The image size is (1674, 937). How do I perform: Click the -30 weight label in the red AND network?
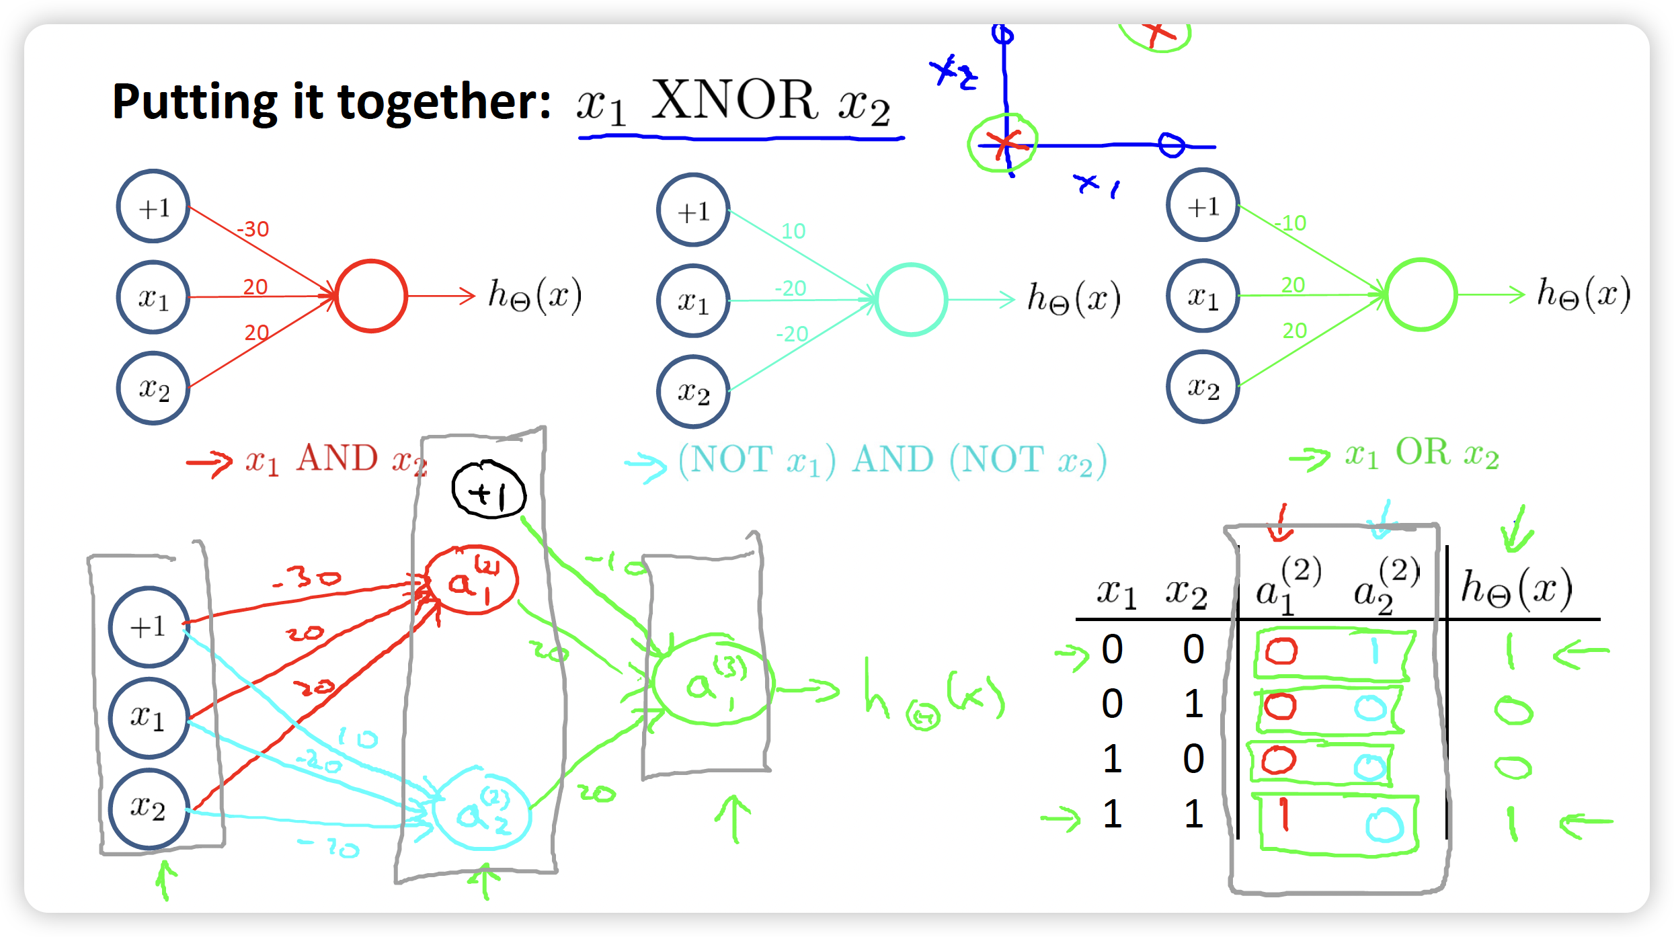[x=253, y=229]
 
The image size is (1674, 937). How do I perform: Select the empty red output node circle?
[x=371, y=296]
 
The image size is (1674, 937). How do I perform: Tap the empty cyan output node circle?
[x=911, y=299]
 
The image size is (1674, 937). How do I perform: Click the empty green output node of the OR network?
[x=1421, y=294]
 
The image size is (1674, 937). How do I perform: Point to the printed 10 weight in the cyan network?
[x=793, y=231]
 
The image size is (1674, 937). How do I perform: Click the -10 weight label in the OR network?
[x=1291, y=223]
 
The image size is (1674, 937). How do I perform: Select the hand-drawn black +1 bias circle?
[x=489, y=490]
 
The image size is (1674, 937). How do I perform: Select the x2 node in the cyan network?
[x=693, y=392]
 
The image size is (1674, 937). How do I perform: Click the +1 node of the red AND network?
[x=153, y=206]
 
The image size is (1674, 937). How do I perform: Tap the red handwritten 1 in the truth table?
[x=1285, y=815]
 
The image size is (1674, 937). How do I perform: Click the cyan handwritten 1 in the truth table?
[x=1374, y=650]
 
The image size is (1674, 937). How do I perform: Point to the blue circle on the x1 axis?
[x=1171, y=145]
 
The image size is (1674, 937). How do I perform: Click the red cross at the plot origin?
[x=1004, y=143]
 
